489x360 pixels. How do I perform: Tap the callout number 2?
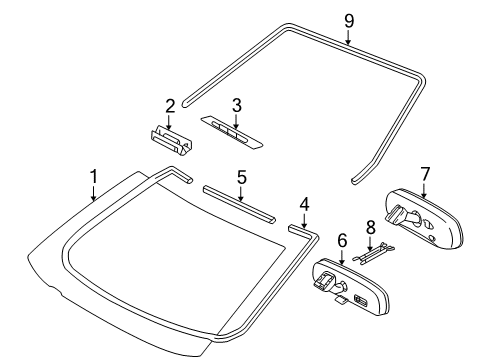(x=171, y=105)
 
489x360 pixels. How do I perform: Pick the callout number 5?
(x=241, y=177)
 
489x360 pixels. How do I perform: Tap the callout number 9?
(x=348, y=20)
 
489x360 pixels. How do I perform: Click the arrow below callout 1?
(x=94, y=195)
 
